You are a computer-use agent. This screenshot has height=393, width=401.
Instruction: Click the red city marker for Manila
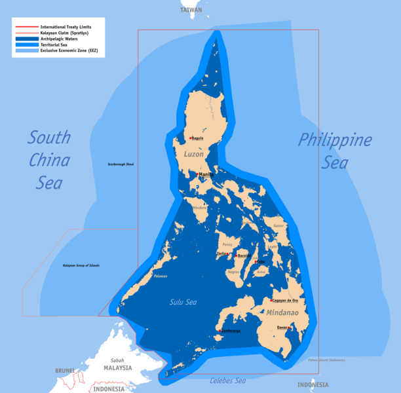197,174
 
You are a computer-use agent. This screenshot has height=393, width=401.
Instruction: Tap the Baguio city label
198,138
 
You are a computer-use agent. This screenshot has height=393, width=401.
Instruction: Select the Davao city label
282,327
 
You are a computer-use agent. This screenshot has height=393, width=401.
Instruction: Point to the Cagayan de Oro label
285,301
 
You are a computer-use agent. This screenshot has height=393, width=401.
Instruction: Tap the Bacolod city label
244,255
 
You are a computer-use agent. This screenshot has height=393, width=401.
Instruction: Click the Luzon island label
194,155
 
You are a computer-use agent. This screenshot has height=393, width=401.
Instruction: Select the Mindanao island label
282,312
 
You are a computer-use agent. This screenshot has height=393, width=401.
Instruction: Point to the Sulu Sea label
183,302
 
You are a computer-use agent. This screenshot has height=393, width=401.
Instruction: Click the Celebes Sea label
227,381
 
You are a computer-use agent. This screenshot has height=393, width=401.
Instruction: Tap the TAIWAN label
192,10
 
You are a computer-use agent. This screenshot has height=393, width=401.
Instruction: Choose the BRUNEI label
65,370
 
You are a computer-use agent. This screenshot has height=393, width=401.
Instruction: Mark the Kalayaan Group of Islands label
81,265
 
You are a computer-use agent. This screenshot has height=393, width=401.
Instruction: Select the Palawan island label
161,276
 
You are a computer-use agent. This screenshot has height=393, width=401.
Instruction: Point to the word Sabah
117,360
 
